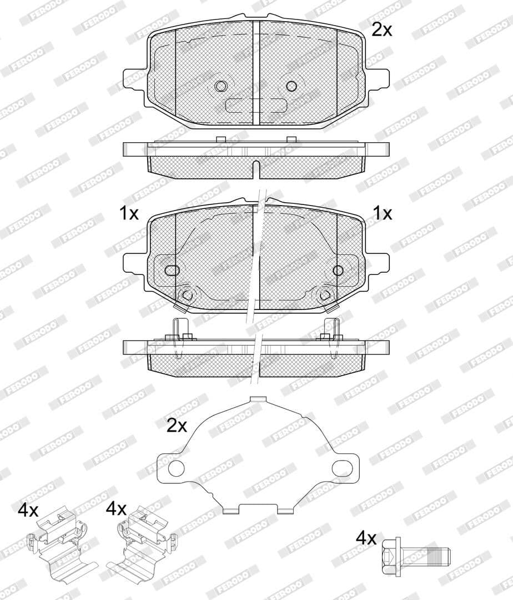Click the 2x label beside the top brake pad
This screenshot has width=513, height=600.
click(x=381, y=29)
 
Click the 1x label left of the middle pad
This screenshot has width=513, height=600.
click(x=129, y=213)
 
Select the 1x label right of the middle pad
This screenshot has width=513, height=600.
click(x=382, y=213)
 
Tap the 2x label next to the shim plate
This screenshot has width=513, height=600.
click(x=177, y=426)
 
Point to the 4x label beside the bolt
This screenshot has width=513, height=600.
click(x=366, y=538)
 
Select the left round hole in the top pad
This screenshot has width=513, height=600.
click(x=220, y=86)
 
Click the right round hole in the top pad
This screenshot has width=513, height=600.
click(x=291, y=86)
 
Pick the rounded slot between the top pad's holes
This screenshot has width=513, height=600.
click(x=256, y=105)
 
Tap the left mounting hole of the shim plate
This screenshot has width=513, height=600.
click(x=176, y=468)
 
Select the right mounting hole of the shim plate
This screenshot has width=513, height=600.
click(x=340, y=468)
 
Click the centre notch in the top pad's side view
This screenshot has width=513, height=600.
click(x=255, y=168)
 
